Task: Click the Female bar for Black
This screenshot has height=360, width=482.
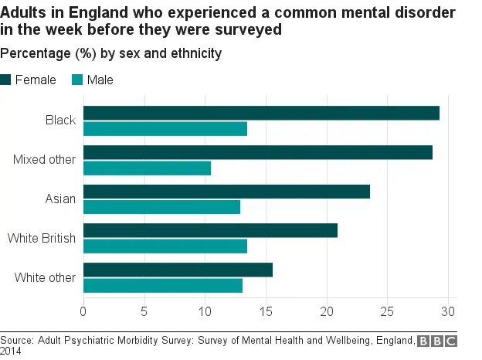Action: tap(261, 113)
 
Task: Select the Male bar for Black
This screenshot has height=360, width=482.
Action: tap(165, 129)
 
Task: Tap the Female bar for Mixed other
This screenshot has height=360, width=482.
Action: tap(258, 152)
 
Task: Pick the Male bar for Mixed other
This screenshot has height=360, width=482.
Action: tap(147, 168)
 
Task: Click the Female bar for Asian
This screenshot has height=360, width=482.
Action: tap(226, 192)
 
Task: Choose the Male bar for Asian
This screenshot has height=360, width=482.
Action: tap(161, 207)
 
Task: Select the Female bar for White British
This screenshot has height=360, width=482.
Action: tap(210, 230)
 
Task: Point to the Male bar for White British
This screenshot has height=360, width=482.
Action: tap(165, 246)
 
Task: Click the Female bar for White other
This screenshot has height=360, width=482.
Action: tap(178, 270)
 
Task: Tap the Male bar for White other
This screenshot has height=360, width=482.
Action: tap(163, 285)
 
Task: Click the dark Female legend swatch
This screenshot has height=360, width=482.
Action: tap(5, 80)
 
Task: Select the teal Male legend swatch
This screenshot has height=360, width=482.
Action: tap(77, 80)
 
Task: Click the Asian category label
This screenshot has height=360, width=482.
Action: tap(60, 199)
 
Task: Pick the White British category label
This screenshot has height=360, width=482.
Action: tap(42, 238)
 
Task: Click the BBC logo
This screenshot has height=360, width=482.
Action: tap(437, 341)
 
